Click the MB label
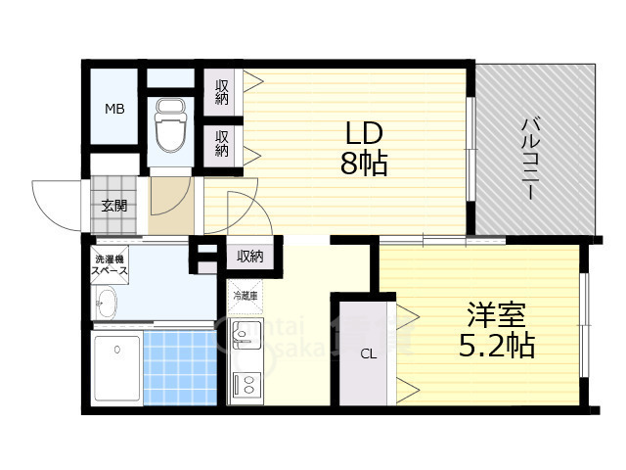(x=115, y=109)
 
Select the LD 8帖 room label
(x=363, y=148)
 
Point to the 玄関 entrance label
(x=113, y=206)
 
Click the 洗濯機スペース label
(x=111, y=263)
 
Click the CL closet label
(x=369, y=354)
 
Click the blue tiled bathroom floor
(x=179, y=367)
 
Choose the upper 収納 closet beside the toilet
(x=222, y=91)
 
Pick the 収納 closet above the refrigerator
(x=250, y=257)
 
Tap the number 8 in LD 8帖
(x=348, y=164)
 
